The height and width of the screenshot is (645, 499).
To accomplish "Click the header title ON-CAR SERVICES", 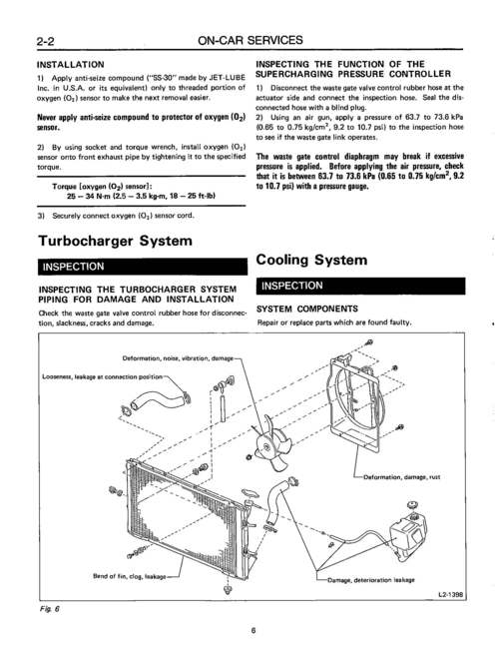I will pyautogui.click(x=249, y=41).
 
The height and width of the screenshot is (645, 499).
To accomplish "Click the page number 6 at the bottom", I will pyautogui.click(x=253, y=630).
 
